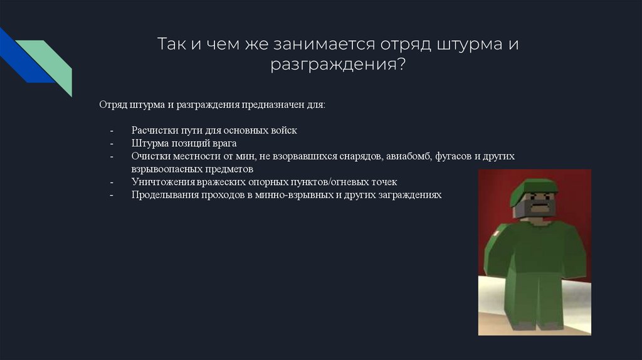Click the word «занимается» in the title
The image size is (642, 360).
pyautogui.click(x=324, y=44)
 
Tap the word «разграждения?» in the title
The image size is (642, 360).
pyautogui.click(x=338, y=65)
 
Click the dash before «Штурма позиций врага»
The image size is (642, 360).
pyautogui.click(x=112, y=144)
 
